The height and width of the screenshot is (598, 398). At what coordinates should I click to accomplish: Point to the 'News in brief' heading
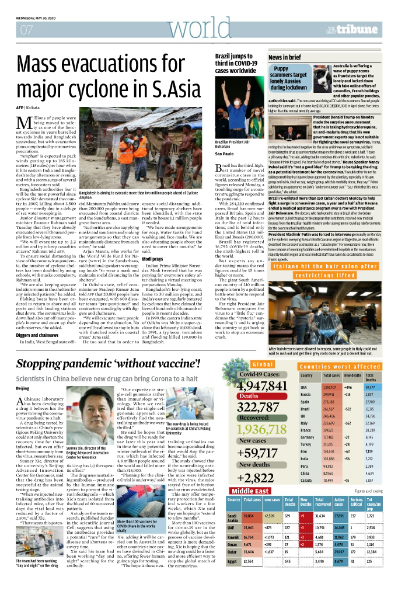(x=285, y=57)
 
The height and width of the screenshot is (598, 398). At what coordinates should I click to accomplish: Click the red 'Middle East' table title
(x=250, y=491)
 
